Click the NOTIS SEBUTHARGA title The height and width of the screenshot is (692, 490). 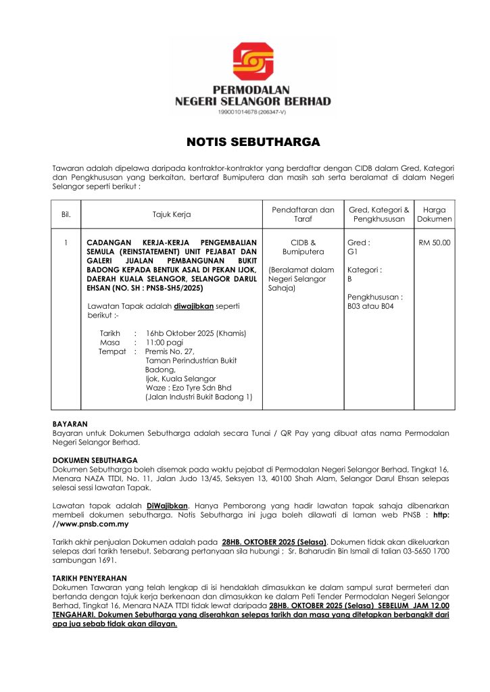pyautogui.click(x=244, y=143)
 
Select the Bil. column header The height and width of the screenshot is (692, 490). pyautogui.click(x=66, y=214)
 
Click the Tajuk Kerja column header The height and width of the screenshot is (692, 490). pyautogui.click(x=171, y=214)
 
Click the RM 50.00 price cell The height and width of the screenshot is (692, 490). pyautogui.click(x=435, y=242)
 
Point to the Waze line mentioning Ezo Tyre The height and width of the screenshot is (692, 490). pyautogui.click(x=187, y=388)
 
